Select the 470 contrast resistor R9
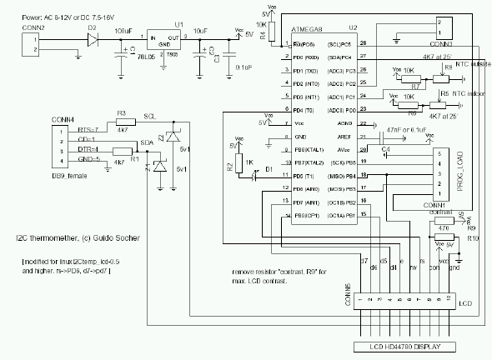point(443,227)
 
